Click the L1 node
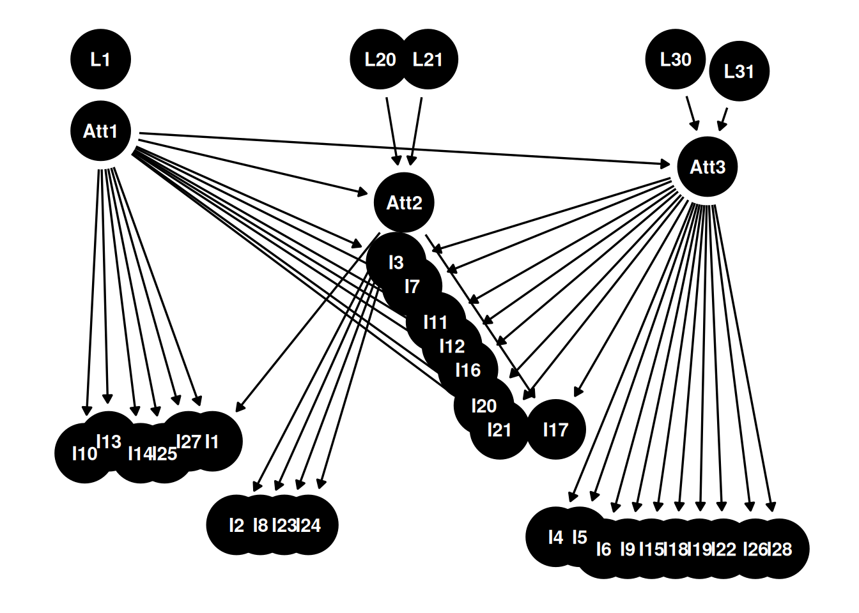click(x=100, y=59)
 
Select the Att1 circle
click(x=100, y=131)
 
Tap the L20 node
click(x=380, y=59)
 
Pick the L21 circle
click(x=428, y=59)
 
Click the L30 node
click(x=676, y=59)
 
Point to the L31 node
click(x=739, y=72)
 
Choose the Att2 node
click(x=404, y=202)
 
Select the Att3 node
click(x=707, y=167)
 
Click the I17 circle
click(x=555, y=430)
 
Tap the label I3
click(x=396, y=263)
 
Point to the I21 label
click(x=499, y=430)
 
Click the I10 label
click(x=85, y=454)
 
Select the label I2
click(x=236, y=526)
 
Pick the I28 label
click(x=779, y=549)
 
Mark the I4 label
click(x=555, y=538)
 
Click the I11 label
click(x=436, y=322)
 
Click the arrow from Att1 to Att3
click(x=405, y=149)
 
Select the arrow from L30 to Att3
click(x=692, y=114)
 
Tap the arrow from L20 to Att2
click(x=393, y=132)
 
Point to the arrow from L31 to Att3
click(x=723, y=119)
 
